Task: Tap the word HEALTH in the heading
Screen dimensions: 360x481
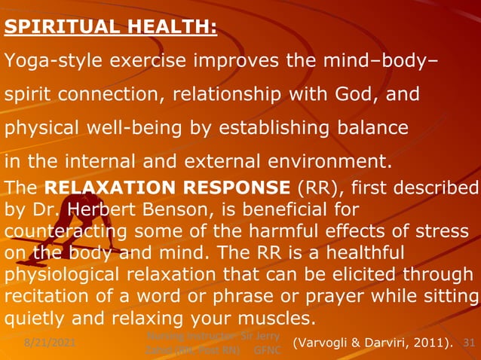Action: pos(172,28)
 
